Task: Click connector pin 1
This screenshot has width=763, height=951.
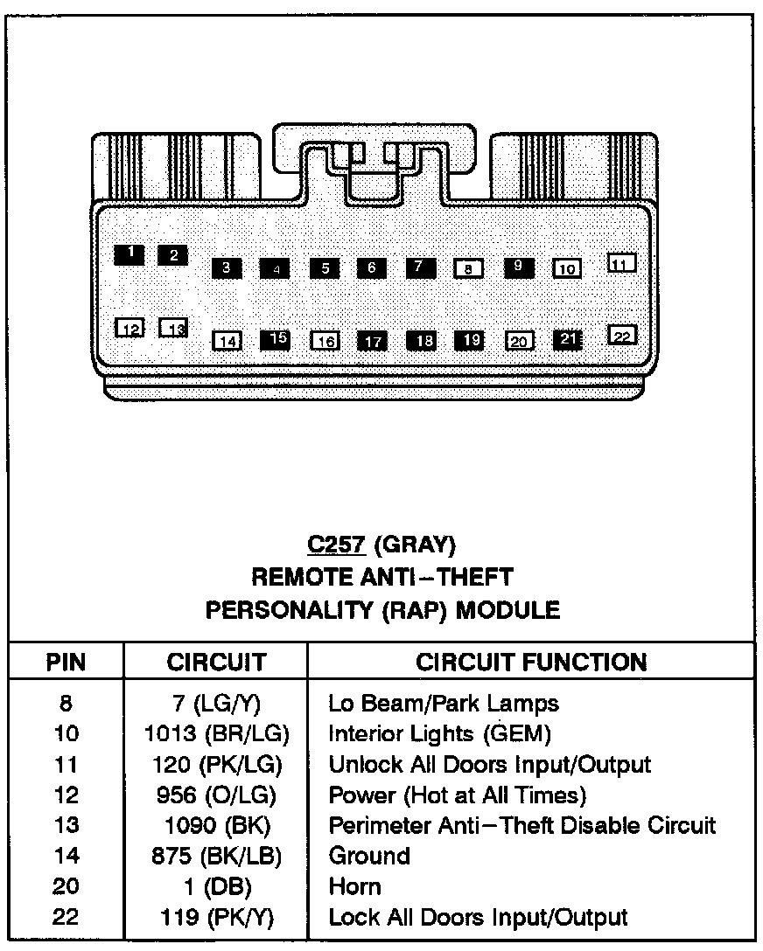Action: coord(130,253)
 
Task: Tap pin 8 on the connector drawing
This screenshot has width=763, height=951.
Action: coord(469,268)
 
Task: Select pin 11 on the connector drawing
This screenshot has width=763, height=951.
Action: coord(621,263)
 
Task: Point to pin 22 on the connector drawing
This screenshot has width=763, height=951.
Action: coord(622,336)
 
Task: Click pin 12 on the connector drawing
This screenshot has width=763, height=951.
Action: coord(130,328)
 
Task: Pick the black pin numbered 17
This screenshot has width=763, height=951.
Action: coord(374,341)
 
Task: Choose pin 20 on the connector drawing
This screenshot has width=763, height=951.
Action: coord(519,341)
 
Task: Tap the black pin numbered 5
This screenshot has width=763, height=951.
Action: coord(325,268)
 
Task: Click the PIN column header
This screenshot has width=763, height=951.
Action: coord(66,662)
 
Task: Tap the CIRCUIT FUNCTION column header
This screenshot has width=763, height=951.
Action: coord(531,662)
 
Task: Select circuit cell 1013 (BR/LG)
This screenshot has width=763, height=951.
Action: coord(216,733)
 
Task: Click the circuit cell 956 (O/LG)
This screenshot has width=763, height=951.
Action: coord(216,795)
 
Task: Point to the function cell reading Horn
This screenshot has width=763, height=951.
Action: coord(354,886)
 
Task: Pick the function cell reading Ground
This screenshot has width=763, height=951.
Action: coord(368,856)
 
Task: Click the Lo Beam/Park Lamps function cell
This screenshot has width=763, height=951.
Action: coord(443,703)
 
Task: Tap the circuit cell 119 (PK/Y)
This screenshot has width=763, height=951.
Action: coord(216,917)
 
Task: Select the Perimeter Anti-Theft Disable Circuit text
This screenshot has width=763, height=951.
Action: coord(521,825)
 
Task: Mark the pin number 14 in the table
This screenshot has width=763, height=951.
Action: coord(66,856)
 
